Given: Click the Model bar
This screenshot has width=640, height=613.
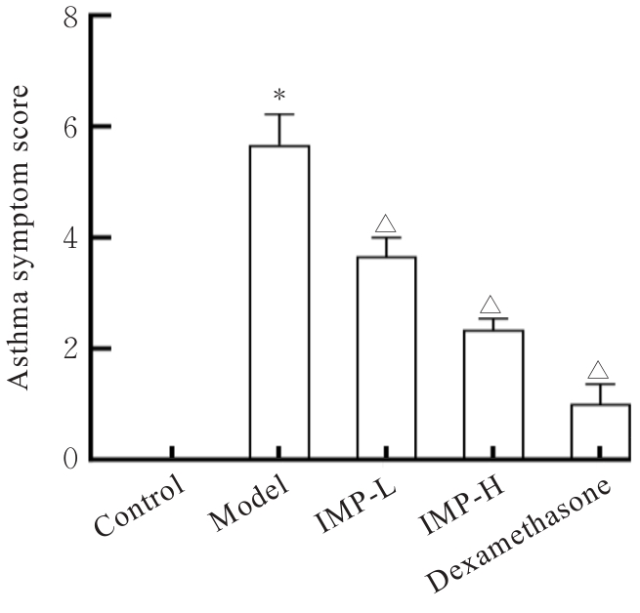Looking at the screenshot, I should (x=279, y=303).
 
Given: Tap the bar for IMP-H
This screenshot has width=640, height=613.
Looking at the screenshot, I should (x=493, y=394).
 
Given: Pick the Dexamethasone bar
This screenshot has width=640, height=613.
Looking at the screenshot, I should (x=599, y=430).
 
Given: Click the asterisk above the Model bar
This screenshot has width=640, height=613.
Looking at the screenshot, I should (x=279, y=96).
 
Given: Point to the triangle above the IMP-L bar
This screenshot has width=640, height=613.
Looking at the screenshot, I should (x=386, y=223).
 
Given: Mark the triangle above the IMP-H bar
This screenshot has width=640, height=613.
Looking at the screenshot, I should (x=491, y=304).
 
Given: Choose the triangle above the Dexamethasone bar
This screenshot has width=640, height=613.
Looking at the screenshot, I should (x=599, y=370).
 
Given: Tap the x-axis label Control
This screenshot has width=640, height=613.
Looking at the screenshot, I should (x=140, y=504).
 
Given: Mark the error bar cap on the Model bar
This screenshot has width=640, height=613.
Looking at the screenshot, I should (x=279, y=114).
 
